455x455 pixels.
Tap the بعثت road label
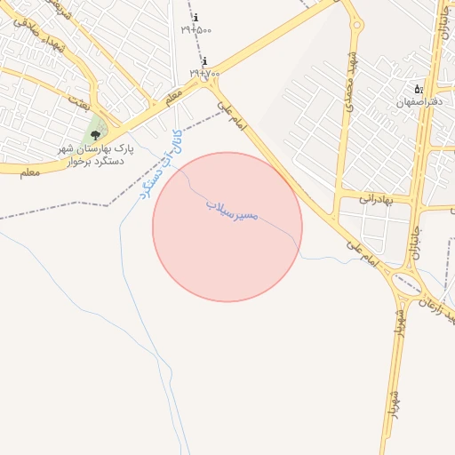[82, 104]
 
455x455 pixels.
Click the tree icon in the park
[95, 135]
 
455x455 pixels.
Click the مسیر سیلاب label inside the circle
[232, 211]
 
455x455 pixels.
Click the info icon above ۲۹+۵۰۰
[196, 18]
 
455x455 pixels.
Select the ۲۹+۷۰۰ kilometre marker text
[204, 71]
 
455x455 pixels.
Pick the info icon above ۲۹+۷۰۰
[204, 60]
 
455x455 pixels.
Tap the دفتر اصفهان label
[418, 101]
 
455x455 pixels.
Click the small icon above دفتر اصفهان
[418, 89]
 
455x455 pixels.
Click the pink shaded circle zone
[227, 249]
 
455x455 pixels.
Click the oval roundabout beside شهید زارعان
[408, 286]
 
